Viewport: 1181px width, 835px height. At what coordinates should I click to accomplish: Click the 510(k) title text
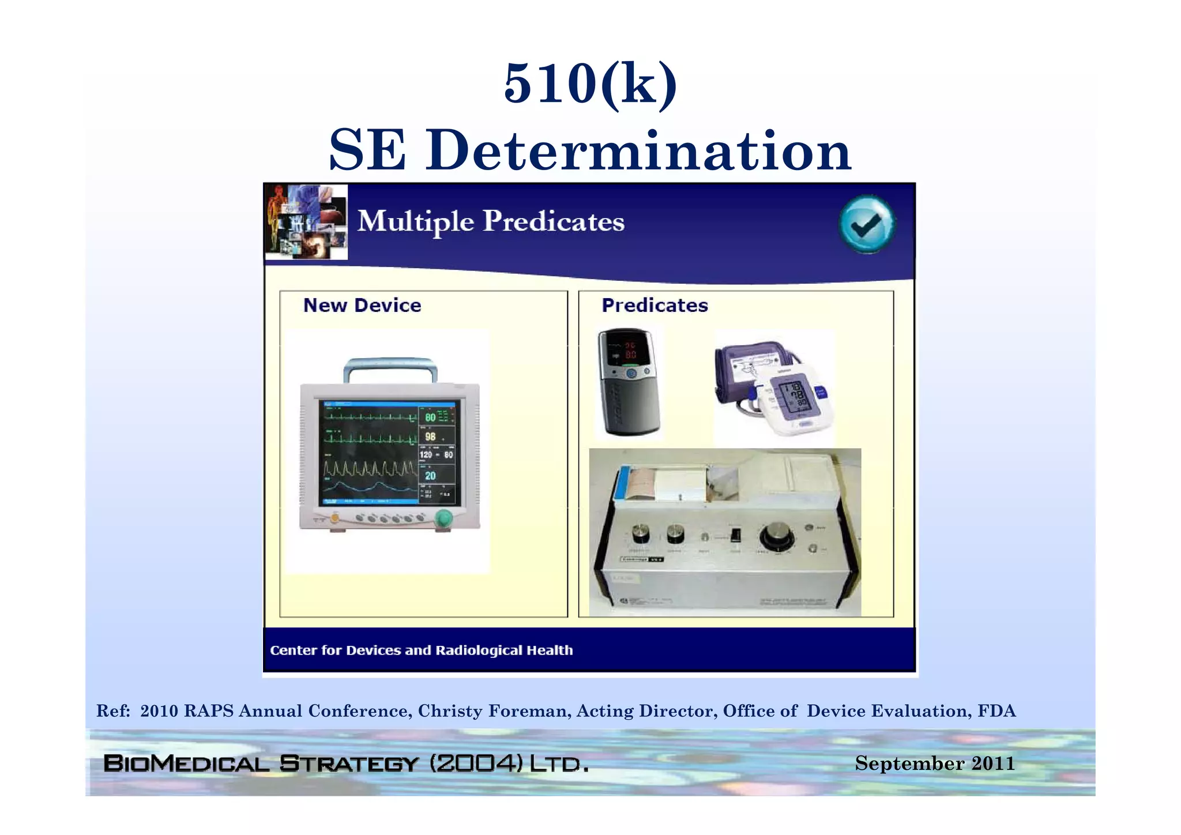590,84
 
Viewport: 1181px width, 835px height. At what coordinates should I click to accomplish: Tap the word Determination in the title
638,151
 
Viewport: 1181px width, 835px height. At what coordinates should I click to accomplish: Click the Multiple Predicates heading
490,221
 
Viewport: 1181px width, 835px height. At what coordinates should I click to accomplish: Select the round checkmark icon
866,224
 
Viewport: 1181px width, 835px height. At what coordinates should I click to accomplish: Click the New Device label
362,305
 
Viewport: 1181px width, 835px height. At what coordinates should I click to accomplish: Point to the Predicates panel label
655,305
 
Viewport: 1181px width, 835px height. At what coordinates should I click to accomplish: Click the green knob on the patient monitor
443,518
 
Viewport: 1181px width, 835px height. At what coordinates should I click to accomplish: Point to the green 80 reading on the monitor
430,417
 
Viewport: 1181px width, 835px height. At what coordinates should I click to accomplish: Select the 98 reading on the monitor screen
430,437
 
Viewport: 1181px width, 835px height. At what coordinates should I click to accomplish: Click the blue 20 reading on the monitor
430,476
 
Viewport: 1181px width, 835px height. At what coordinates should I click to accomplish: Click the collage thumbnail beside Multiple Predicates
306,222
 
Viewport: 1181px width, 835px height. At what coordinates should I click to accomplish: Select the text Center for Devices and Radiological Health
421,650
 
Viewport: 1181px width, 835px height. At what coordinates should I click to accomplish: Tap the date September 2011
934,763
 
